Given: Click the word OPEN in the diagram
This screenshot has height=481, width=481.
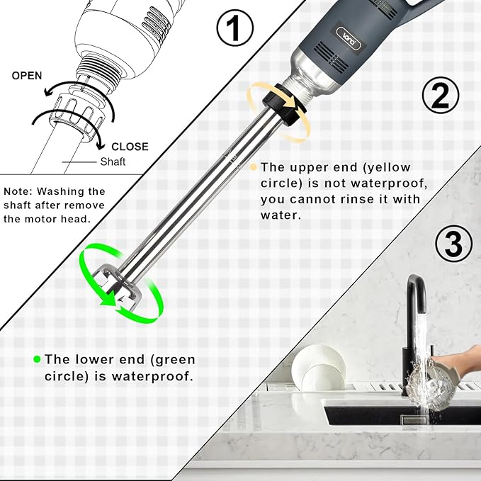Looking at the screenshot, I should pos(27,76).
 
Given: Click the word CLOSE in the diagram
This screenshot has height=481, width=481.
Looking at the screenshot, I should pos(129,147).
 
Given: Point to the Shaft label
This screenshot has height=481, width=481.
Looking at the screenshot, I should pos(113,162).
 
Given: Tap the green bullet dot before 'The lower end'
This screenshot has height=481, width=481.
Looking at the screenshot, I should pos(37,360).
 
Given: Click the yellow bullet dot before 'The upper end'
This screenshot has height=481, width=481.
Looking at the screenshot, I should pos(253,167).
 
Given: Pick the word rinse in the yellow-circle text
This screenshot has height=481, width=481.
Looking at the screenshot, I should pos(354,200).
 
